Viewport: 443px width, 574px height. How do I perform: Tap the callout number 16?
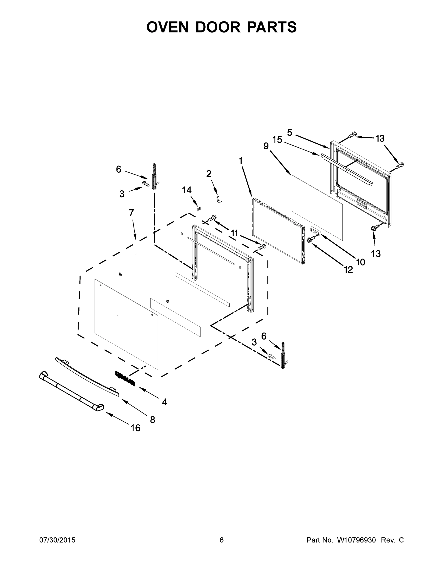[x=135, y=428]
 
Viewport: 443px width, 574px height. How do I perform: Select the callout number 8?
[x=152, y=420]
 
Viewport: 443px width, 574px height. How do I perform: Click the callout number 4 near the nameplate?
[x=165, y=402]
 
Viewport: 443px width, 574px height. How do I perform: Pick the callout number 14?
[x=187, y=190]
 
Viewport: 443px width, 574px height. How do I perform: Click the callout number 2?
[x=209, y=174]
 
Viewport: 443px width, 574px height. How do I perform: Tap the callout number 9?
[x=266, y=146]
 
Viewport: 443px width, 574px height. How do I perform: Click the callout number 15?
[x=277, y=140]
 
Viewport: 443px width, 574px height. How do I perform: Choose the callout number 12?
[x=348, y=269]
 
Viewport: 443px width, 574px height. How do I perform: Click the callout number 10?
[x=361, y=262]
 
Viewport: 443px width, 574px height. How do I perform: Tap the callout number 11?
[x=234, y=233]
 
